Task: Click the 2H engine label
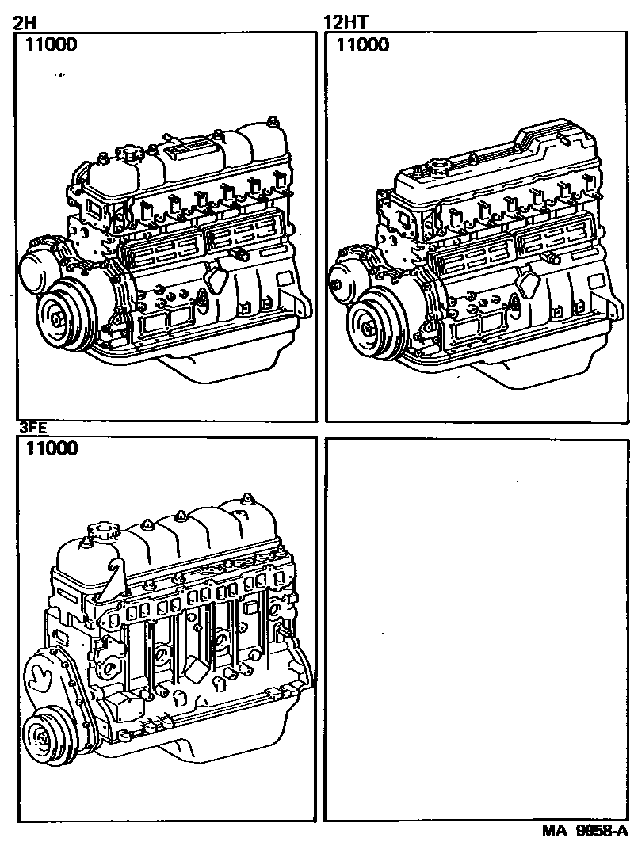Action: tap(24, 22)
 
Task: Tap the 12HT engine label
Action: tap(342, 22)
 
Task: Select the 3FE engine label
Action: tap(32, 428)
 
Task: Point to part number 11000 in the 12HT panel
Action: tap(363, 45)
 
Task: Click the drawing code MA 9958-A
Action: tap(584, 832)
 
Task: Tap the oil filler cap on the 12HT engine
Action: tap(437, 167)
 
